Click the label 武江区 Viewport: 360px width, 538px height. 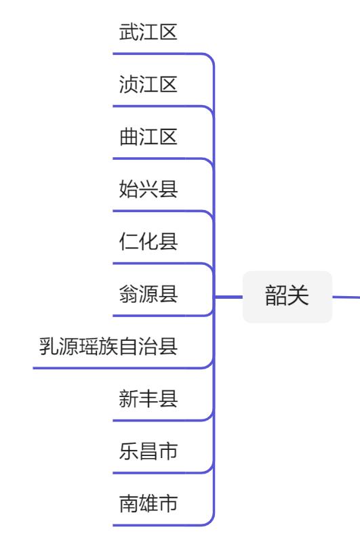tap(148, 32)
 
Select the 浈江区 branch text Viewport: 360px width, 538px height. tap(148, 85)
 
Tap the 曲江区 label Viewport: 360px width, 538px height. tap(148, 138)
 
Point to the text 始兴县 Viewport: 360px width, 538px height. tap(148, 190)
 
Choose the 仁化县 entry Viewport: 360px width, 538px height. tap(148, 242)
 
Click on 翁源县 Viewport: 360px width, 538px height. tap(148, 295)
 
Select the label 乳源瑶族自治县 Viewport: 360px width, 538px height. tap(108, 348)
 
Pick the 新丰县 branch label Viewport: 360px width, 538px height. tap(148, 400)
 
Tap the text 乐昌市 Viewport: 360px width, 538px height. tap(148, 452)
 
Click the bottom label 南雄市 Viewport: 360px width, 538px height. tap(148, 505)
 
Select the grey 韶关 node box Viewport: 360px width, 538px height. tap(287, 297)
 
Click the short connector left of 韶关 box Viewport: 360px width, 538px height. tap(229, 297)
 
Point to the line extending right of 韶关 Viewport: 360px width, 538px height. tap(346, 296)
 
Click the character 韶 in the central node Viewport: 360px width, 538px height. tap(276, 297)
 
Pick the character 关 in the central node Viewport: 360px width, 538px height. tap(298, 297)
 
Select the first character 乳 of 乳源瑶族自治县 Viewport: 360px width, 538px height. tap(49, 348)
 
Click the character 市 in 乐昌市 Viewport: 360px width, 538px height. tap(168, 452)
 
